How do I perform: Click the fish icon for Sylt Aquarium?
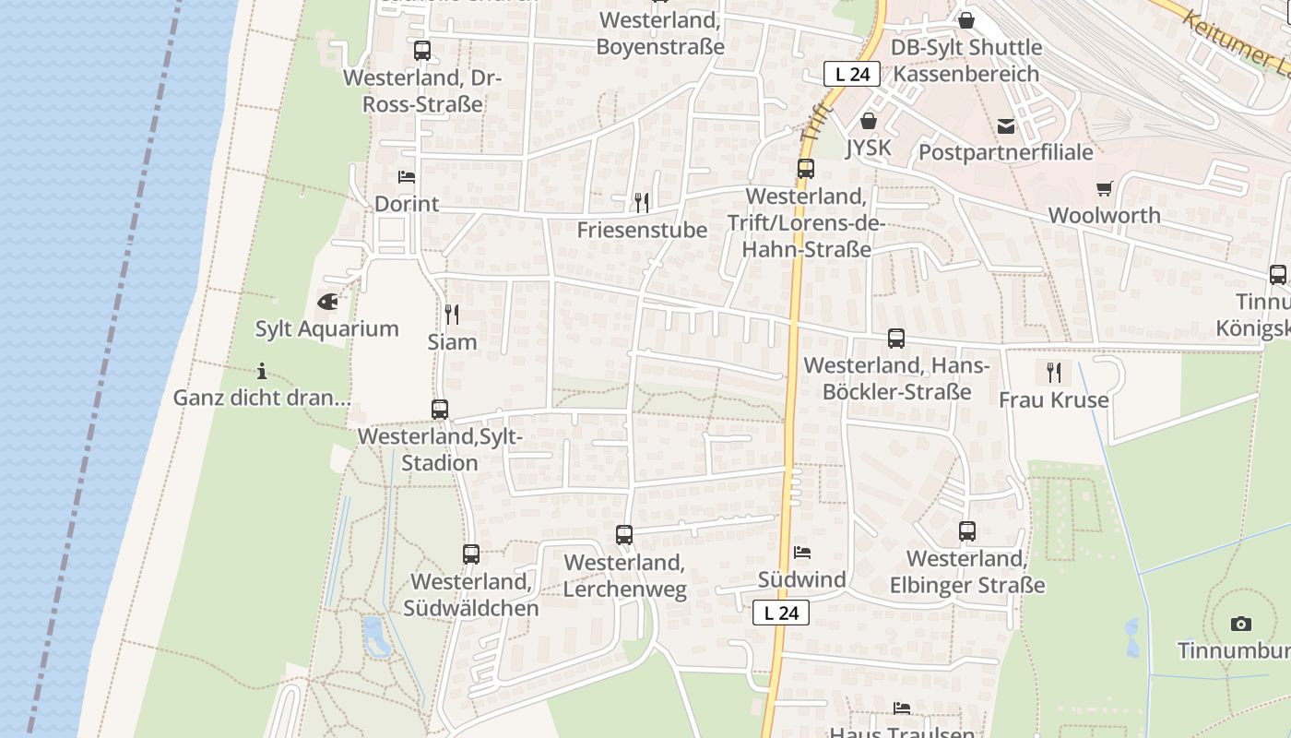pyautogui.click(x=327, y=301)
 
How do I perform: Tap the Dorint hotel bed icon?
pyautogui.click(x=407, y=176)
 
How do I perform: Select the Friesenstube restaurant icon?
pyautogui.click(x=642, y=202)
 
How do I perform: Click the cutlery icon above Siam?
pyautogui.click(x=452, y=315)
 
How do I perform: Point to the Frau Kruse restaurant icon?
pyautogui.click(x=1053, y=373)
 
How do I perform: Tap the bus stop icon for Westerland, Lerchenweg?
pyautogui.click(x=624, y=535)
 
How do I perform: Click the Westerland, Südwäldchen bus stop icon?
pyautogui.click(x=471, y=554)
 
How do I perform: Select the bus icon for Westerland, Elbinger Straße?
pyautogui.click(x=966, y=531)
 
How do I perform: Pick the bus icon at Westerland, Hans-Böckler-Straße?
pyautogui.click(x=896, y=339)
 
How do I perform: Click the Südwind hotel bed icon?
pyautogui.click(x=802, y=553)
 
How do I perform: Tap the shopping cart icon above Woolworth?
pyautogui.click(x=1104, y=188)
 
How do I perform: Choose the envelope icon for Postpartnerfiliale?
pyautogui.click(x=1006, y=125)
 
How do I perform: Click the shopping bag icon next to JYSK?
pyautogui.click(x=868, y=121)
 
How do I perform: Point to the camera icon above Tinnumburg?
pyautogui.click(x=1241, y=624)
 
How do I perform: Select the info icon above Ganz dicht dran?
pyautogui.click(x=262, y=372)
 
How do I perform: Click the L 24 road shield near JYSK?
pyautogui.click(x=852, y=74)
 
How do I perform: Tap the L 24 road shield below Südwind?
pyautogui.click(x=781, y=613)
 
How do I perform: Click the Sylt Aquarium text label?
pyautogui.click(x=326, y=328)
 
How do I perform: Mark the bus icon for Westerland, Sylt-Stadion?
pyautogui.click(x=440, y=409)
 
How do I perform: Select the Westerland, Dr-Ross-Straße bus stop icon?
pyautogui.click(x=422, y=51)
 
